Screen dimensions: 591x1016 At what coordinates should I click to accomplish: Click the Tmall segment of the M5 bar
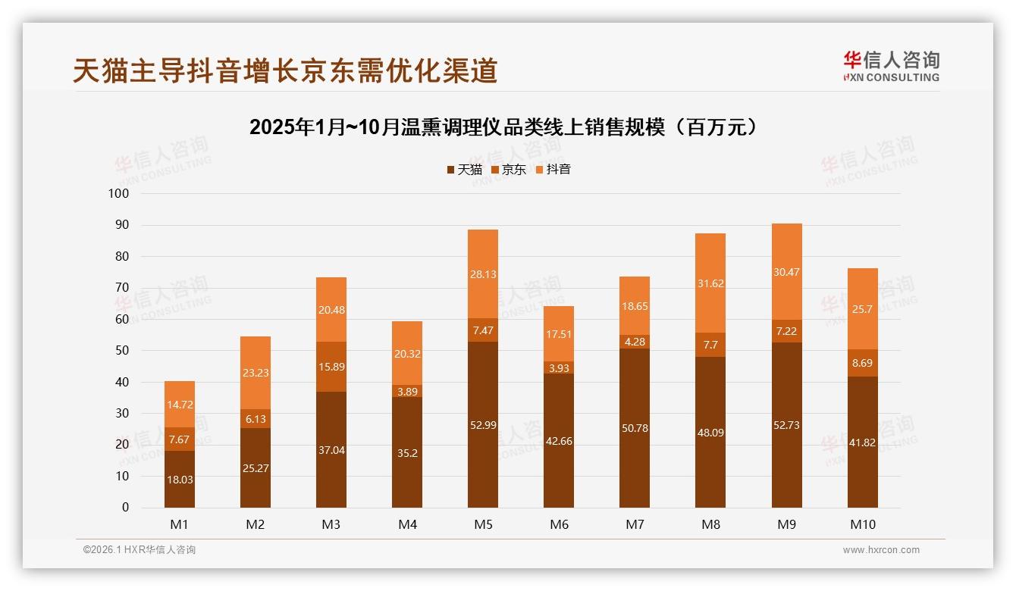click(x=483, y=424)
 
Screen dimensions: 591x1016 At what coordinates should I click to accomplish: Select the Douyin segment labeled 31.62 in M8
click(x=710, y=283)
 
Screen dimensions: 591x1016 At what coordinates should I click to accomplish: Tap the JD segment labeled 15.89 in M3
click(x=331, y=367)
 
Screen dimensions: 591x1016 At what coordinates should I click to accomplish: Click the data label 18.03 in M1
click(x=180, y=480)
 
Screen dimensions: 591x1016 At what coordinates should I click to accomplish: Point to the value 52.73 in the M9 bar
click(x=786, y=425)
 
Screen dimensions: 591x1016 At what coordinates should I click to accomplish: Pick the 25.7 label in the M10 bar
click(x=862, y=309)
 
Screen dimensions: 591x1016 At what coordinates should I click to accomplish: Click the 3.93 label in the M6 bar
click(x=559, y=367)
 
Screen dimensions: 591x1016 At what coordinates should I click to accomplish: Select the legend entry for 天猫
click(x=464, y=170)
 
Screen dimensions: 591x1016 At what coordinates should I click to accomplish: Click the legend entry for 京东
click(x=509, y=170)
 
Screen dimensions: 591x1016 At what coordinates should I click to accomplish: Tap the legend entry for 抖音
click(x=553, y=170)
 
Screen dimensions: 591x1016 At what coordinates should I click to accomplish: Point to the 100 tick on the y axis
click(x=119, y=194)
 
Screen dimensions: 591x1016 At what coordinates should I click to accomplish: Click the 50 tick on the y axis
click(x=122, y=351)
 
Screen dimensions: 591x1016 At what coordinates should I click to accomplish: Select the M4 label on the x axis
click(x=407, y=524)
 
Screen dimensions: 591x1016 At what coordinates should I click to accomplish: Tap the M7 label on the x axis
click(x=635, y=524)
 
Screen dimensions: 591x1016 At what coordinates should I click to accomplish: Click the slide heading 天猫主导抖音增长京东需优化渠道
click(x=285, y=70)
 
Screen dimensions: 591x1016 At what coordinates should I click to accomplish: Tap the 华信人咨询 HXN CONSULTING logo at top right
click(x=891, y=67)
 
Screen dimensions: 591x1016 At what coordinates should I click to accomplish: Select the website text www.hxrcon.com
click(x=881, y=550)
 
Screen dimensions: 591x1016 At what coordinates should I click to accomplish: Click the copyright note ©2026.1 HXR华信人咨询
click(x=140, y=550)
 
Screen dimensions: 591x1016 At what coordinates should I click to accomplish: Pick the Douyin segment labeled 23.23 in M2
click(x=256, y=373)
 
